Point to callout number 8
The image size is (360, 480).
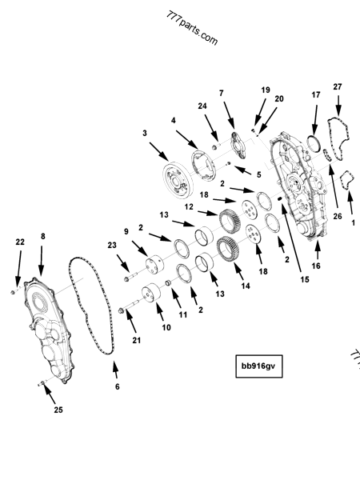[x=42, y=237]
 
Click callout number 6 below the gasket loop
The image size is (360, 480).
[x=118, y=386]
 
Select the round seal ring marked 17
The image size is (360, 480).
[x=315, y=144]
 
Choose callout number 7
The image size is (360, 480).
[x=222, y=93]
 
